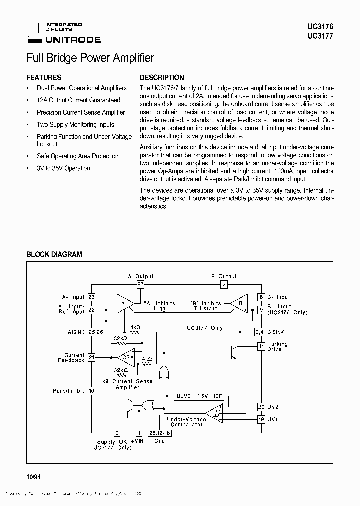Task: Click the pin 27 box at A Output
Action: point(140,285)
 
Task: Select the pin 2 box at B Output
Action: point(224,285)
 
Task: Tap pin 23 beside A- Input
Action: point(91,297)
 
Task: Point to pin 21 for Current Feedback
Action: point(91,357)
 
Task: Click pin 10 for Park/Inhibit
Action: point(91,391)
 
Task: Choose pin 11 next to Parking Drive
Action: point(261,346)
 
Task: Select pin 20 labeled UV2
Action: point(261,407)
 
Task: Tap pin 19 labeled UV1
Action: point(261,419)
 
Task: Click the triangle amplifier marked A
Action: point(124,303)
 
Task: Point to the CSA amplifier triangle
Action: point(127,357)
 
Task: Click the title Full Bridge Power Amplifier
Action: point(90,58)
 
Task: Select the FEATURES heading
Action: point(44,77)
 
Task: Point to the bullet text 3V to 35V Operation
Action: point(63,168)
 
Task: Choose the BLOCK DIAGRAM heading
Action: point(54,254)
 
